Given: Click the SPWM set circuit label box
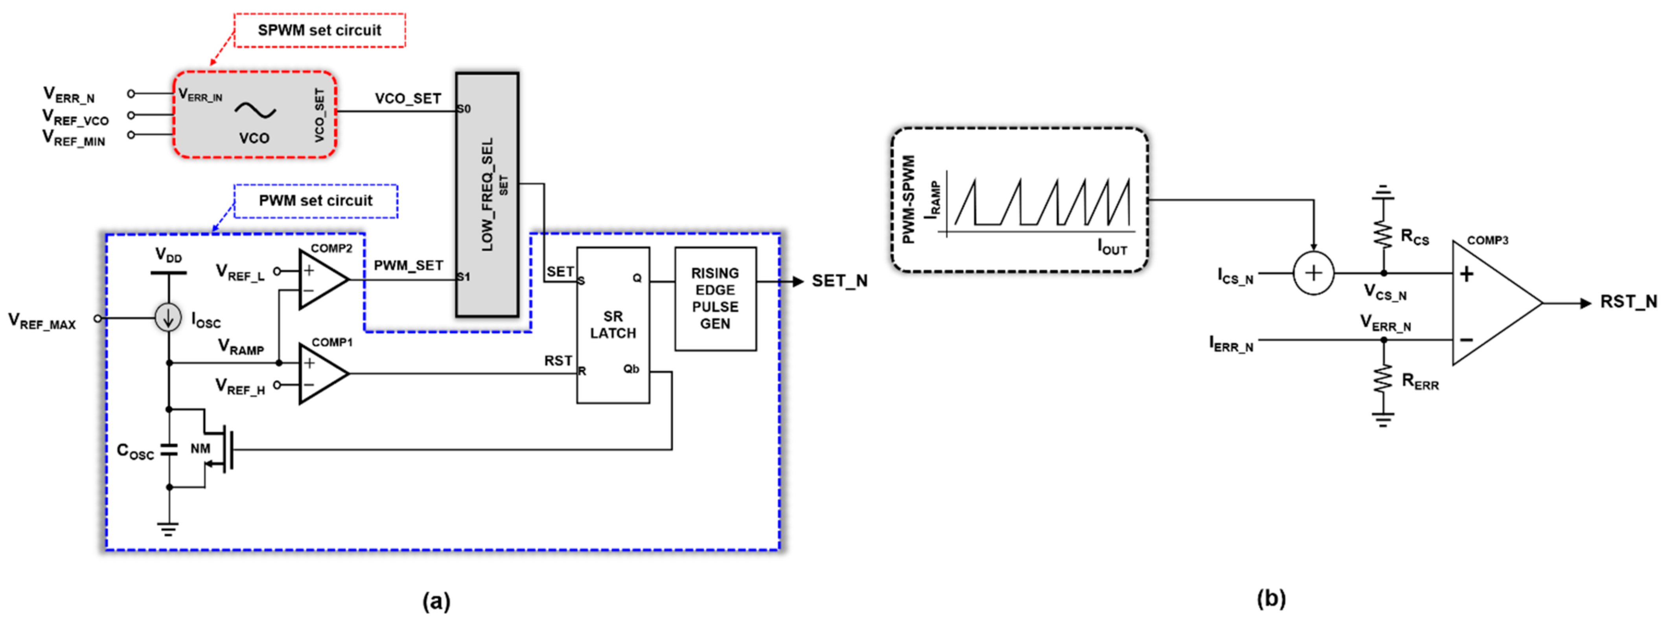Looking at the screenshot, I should pyautogui.click(x=319, y=30).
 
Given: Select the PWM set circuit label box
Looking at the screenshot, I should pyautogui.click(x=315, y=201).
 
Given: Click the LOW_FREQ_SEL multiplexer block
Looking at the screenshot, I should pyautogui.click(x=487, y=194).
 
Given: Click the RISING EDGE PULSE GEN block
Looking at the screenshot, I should pyautogui.click(x=715, y=298).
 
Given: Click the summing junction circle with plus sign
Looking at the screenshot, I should pyautogui.click(x=1313, y=273).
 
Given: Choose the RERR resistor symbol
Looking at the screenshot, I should pyautogui.click(x=1383, y=379).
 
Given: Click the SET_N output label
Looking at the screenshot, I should pyautogui.click(x=839, y=281).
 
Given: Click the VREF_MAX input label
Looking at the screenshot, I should pyautogui.click(x=42, y=321).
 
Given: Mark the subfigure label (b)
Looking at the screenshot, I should pyautogui.click(x=1271, y=599).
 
